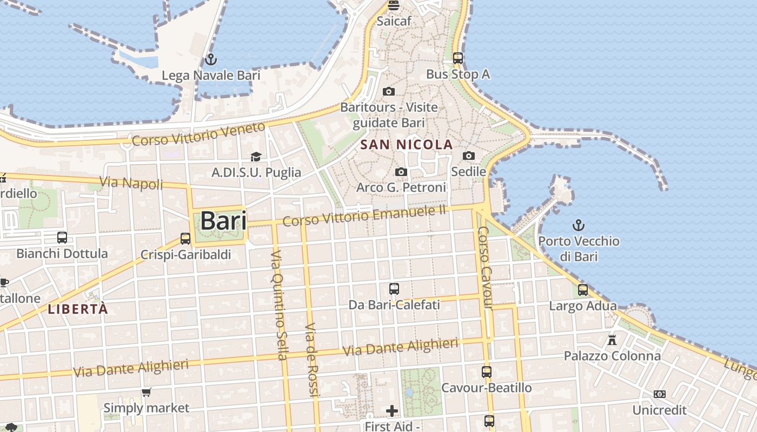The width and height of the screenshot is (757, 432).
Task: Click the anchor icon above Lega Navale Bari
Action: [x=211, y=59]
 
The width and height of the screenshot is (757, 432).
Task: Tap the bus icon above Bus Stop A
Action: [x=458, y=58]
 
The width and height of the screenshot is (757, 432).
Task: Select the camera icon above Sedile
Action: [x=469, y=156]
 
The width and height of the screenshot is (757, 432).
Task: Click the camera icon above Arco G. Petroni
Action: [x=401, y=172]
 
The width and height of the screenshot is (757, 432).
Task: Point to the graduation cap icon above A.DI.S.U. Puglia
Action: [x=256, y=157]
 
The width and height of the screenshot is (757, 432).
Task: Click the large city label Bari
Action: [x=223, y=221]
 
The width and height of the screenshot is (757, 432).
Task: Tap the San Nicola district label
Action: [x=406, y=145]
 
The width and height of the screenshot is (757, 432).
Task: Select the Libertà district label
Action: [x=78, y=309]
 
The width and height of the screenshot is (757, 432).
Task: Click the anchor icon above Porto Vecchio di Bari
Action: [x=579, y=225]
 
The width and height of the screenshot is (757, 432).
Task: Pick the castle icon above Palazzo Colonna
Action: [x=612, y=340]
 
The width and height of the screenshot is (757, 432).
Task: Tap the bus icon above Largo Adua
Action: [x=583, y=290]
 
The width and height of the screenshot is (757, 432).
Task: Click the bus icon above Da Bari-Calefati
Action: [x=394, y=289]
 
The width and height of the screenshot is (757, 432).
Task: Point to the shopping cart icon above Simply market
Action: [x=146, y=392]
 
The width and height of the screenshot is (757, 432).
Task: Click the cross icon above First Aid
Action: [x=392, y=411]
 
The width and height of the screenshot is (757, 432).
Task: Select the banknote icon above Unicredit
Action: [x=660, y=394]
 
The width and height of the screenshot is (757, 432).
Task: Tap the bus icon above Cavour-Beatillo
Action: [x=487, y=372]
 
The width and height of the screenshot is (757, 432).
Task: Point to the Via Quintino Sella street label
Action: [x=278, y=305]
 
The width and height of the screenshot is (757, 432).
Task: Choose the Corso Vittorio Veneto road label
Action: [x=198, y=134]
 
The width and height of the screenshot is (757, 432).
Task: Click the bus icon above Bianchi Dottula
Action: [x=62, y=238]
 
